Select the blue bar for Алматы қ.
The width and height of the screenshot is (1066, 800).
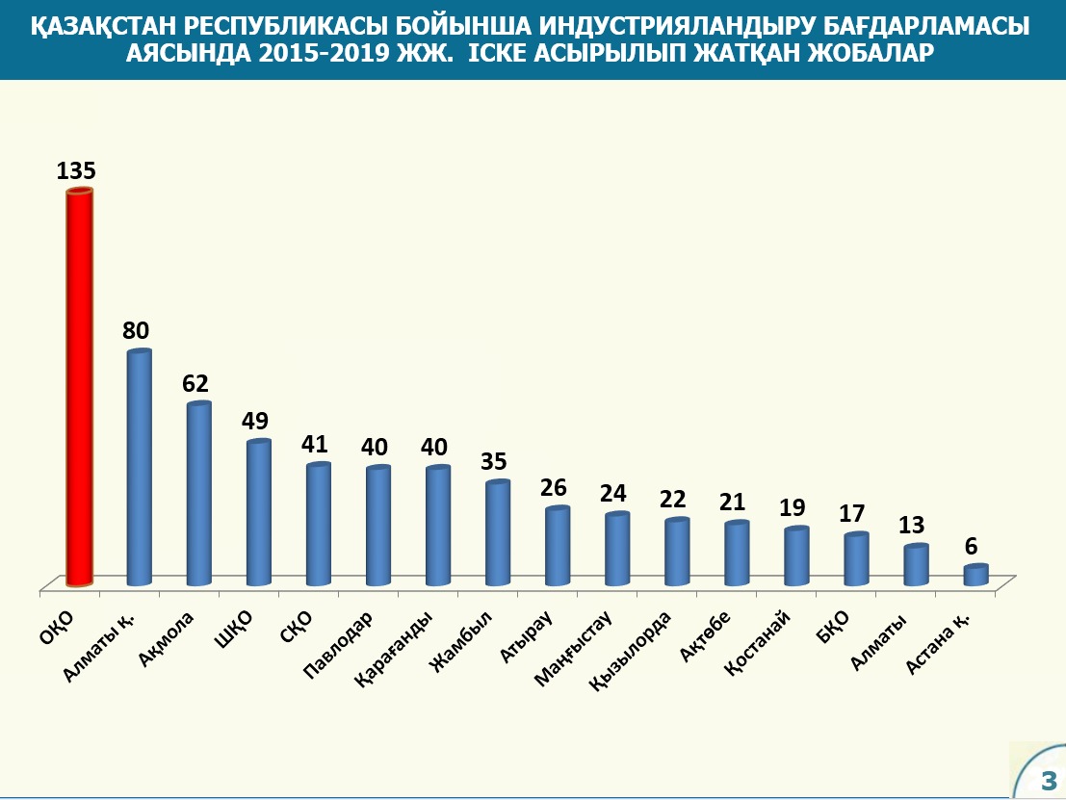(x=139, y=469)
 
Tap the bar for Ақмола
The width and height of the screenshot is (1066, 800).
(x=198, y=495)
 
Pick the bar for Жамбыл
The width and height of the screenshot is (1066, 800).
(x=497, y=534)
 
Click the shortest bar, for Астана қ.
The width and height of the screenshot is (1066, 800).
(x=975, y=575)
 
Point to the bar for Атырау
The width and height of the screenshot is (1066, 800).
(x=557, y=547)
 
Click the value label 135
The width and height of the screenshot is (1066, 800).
(x=76, y=171)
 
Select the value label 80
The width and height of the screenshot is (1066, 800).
(x=136, y=331)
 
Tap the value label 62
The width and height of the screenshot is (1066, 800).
(x=195, y=383)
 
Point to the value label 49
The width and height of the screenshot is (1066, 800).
(x=255, y=422)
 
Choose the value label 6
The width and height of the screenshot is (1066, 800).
(x=973, y=546)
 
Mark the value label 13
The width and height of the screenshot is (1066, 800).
(x=912, y=526)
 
